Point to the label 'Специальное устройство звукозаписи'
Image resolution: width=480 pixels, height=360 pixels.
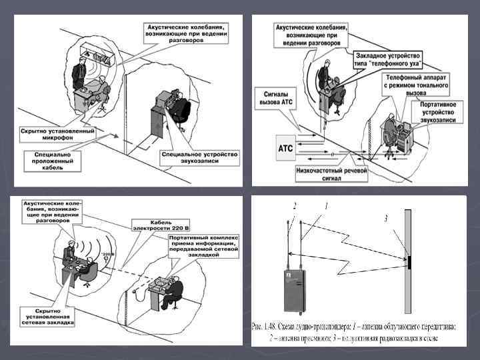(199, 159)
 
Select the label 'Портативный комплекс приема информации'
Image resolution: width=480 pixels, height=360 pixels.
(197, 250)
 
